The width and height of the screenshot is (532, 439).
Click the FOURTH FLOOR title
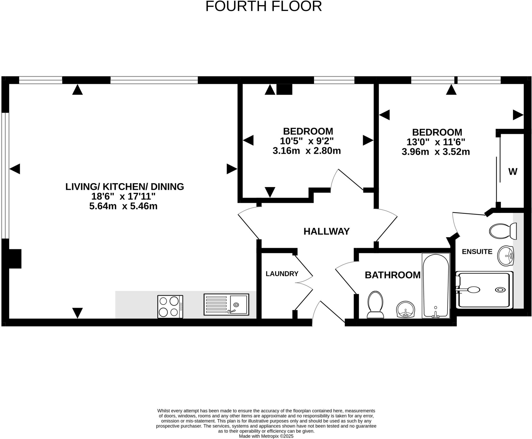[263, 6]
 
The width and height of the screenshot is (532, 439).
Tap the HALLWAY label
[326, 231]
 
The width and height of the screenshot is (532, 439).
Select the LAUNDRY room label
[282, 274]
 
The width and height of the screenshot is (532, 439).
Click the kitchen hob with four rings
[170, 307]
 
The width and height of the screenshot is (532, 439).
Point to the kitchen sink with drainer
[226, 304]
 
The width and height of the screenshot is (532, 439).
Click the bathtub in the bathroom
[436, 285]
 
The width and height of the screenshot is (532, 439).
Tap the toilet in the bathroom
[375, 305]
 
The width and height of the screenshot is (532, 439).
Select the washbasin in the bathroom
[405, 309]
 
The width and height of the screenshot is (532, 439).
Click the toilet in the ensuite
[503, 231]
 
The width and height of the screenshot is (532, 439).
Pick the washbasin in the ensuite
[506, 256]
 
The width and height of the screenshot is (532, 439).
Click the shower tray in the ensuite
[484, 290]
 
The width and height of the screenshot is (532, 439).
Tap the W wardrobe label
[513, 172]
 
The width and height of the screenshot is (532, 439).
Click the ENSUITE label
[477, 252]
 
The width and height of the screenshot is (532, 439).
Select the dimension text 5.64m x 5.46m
[123, 206]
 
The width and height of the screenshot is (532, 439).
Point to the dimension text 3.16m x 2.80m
[307, 151]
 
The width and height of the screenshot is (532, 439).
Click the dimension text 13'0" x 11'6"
[436, 142]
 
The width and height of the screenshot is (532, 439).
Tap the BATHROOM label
[392, 275]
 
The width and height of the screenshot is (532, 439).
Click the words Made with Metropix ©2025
[266, 436]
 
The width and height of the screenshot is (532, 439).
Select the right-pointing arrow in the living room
[231, 169]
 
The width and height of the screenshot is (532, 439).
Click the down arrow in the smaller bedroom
[270, 192]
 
